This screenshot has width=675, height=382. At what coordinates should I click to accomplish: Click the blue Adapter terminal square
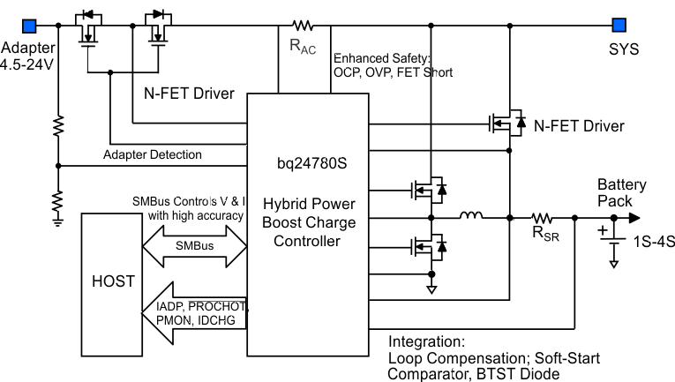pyautogui.click(x=29, y=25)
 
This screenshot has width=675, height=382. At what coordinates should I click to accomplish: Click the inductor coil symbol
pyautogui.click(x=472, y=215)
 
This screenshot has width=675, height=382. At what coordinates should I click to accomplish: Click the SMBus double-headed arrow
pyautogui.click(x=192, y=243)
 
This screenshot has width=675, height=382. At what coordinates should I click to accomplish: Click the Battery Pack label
pyautogui.click(x=621, y=192)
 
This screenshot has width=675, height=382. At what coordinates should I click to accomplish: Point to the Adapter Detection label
pyautogui.click(x=152, y=154)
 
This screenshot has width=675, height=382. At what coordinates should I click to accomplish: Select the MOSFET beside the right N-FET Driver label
pyautogui.click(x=506, y=124)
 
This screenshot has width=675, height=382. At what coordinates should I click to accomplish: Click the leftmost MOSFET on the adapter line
pyautogui.click(x=88, y=32)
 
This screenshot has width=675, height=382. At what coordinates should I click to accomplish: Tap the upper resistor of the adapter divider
pyautogui.click(x=57, y=126)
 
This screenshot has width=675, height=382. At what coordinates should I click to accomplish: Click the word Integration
pyautogui.click(x=426, y=341)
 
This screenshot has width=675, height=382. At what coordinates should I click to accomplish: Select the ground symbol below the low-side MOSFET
pyautogui.click(x=431, y=288)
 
